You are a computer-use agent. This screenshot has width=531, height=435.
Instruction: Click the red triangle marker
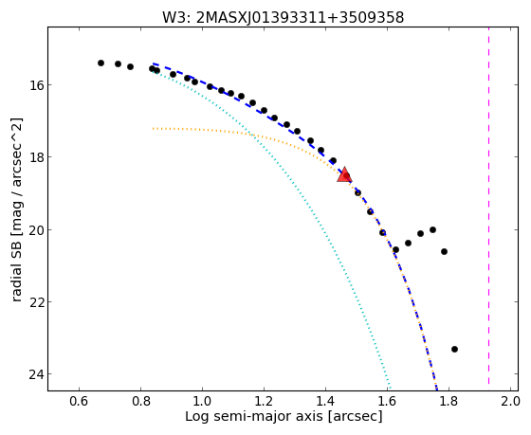point(344,174)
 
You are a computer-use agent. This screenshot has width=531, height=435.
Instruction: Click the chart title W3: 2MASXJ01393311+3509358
point(284,17)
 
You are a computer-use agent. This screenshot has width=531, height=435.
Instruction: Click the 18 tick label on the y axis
point(35,157)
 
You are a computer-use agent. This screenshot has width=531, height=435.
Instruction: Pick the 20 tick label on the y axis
point(35,229)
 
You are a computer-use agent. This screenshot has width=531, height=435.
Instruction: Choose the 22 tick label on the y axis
point(35,301)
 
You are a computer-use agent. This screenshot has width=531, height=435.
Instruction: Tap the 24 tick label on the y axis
point(35,374)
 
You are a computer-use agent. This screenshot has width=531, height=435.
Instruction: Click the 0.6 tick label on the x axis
point(79,401)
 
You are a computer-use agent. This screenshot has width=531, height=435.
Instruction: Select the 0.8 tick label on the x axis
point(140,401)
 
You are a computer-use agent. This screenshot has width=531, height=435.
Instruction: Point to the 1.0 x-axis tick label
point(202,401)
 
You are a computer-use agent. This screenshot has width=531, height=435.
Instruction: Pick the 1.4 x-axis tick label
point(325,401)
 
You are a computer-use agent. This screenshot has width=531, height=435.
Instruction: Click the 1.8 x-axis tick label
point(449,401)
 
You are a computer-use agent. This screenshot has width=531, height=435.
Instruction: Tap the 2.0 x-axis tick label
point(510,401)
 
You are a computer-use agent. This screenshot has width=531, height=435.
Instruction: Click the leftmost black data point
point(101,63)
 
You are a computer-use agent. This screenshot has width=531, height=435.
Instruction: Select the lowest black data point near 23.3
point(454,349)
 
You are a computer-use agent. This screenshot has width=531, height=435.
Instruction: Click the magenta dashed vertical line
point(488,206)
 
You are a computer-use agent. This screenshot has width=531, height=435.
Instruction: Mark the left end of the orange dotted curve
point(153,129)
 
